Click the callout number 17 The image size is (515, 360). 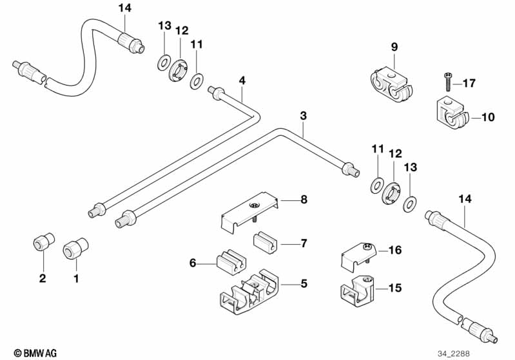469,83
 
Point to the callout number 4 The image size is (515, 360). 242,81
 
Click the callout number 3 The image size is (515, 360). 303,116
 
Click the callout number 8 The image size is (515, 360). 302,200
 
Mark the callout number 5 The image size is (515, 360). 303,282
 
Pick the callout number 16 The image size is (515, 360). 394,249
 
